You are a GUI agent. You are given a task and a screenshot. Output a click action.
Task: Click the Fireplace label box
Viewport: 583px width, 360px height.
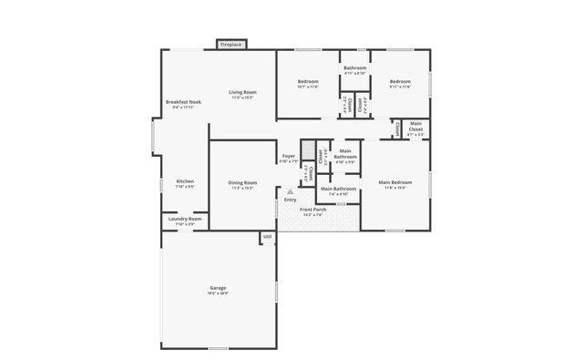(x=230, y=44)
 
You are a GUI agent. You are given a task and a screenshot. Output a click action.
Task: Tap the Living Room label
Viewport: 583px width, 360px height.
(x=242, y=92)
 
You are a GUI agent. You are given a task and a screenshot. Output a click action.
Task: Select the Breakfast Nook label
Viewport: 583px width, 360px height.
(x=182, y=101)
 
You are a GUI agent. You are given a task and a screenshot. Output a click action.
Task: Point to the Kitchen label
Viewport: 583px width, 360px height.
(x=184, y=181)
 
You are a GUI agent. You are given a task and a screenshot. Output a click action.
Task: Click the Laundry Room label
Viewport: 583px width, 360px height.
(x=185, y=219)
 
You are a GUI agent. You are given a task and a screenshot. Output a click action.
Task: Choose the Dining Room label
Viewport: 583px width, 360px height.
(x=242, y=182)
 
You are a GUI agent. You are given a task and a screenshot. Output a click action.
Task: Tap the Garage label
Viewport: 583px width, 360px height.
(x=217, y=288)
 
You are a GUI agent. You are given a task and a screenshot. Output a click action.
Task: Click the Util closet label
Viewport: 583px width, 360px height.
(x=268, y=237)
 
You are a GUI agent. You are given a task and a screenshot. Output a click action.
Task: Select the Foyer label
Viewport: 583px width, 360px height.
(x=288, y=156)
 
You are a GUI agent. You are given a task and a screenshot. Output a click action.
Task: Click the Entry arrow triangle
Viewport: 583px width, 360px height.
(x=291, y=191)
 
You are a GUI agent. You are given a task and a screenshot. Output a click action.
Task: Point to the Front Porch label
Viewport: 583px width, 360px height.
(x=313, y=210)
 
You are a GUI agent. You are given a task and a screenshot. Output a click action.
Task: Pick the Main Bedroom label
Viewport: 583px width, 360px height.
(x=394, y=182)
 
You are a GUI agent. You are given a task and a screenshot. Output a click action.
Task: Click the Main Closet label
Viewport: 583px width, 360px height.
(x=415, y=127)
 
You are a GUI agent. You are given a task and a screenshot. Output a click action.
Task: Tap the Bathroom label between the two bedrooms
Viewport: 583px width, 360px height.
(x=354, y=68)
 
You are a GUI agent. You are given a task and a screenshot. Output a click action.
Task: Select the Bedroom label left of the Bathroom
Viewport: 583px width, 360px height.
(x=308, y=82)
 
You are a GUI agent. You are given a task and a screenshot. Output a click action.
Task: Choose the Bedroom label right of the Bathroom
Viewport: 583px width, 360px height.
(x=401, y=82)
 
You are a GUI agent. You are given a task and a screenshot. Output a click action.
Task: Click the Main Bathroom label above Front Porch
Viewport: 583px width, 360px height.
(x=338, y=189)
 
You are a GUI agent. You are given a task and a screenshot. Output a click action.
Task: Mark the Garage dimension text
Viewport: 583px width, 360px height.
(x=217, y=293)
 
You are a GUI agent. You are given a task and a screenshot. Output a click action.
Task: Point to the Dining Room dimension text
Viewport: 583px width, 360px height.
(x=242, y=188)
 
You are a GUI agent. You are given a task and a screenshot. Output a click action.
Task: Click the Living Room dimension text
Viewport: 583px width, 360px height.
(x=242, y=98)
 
